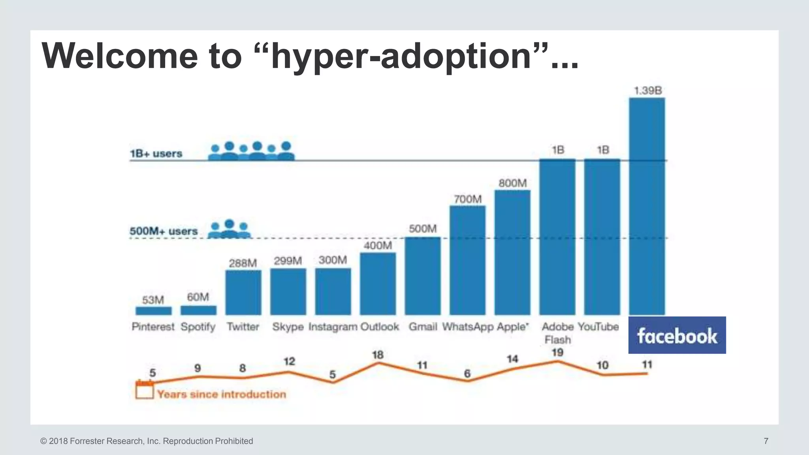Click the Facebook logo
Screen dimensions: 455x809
677,335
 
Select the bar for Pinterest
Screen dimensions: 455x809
153,311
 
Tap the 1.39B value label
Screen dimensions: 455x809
647,90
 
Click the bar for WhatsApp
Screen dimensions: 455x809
467,261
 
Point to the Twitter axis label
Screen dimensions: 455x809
243,327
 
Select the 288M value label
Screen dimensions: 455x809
243,263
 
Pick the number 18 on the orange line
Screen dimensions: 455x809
378,355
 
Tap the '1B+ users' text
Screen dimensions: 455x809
156,153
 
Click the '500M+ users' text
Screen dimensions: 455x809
164,231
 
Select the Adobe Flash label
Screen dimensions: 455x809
557,333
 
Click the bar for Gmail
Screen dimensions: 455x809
422,276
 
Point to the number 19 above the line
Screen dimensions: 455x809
557,352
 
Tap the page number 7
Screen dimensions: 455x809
766,441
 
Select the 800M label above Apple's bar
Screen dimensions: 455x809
512,183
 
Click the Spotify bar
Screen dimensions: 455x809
198,310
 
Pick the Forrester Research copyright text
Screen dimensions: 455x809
147,441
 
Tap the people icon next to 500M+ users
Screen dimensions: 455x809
229,229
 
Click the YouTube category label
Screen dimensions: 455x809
598,327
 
